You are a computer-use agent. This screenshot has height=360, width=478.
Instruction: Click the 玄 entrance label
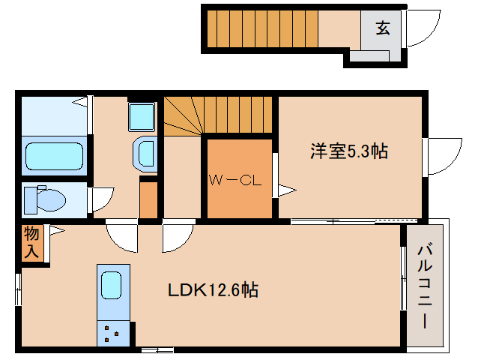pos(382,29)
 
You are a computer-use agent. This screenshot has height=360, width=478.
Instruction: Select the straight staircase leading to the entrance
pos(262,28)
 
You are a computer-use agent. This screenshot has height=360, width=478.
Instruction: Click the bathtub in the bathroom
pos(54,156)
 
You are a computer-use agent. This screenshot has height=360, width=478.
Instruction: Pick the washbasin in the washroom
pos(145,155)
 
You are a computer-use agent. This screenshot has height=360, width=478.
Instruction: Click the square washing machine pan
pos(141,117)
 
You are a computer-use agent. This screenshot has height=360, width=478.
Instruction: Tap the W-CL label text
pos(234,180)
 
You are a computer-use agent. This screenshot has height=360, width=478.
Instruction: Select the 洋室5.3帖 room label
pos(349,151)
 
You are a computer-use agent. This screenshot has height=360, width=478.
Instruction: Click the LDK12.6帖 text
pos(213,290)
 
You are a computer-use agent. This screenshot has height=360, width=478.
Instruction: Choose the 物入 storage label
pos(31,242)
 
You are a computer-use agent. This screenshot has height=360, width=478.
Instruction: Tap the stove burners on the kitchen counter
pos(113,332)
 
